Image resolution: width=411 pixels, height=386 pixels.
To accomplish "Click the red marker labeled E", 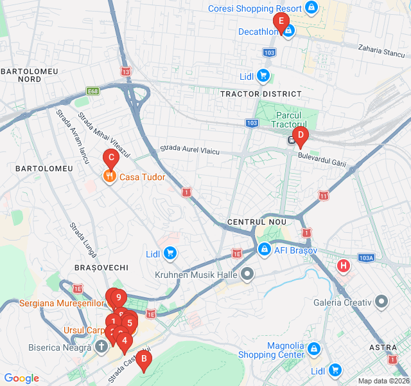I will tap(280, 21).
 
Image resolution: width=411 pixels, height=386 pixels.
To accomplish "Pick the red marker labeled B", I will tap(144, 360).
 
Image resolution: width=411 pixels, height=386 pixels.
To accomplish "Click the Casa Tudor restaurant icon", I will tap(110, 177).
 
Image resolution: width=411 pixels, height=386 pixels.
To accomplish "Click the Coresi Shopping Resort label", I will tap(255, 8).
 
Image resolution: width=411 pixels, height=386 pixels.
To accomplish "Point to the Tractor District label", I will tap(261, 94).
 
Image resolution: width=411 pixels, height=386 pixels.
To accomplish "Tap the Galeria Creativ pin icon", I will tap(382, 302).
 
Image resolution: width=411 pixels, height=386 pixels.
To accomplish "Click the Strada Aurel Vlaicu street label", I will tap(189, 149).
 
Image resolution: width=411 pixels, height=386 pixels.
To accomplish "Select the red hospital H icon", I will tap(344, 265).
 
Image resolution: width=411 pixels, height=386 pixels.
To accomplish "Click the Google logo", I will tap(21, 378).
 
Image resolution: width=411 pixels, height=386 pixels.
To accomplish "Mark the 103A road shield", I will tap(366, 257).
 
